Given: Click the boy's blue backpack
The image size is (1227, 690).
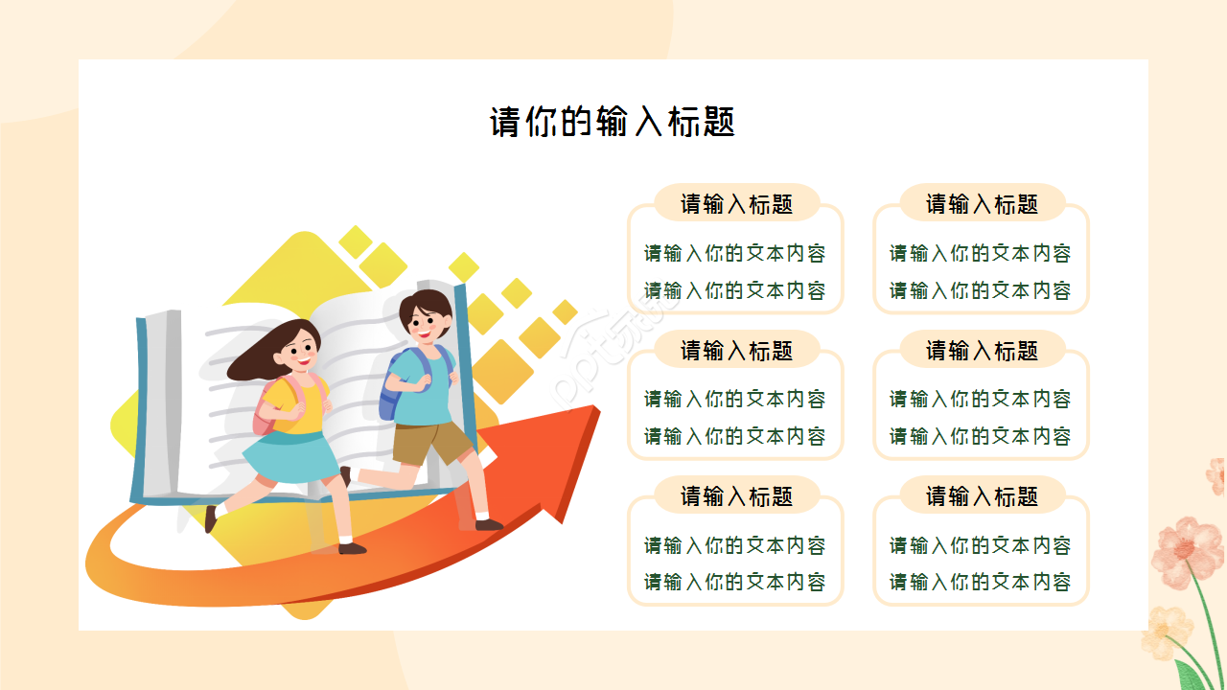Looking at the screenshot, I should tap(390, 388).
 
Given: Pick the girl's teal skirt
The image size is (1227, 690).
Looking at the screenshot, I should tap(288, 457).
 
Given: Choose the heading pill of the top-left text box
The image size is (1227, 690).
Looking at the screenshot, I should tap(736, 204).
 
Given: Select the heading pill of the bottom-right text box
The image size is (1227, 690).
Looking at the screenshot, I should tap(982, 496).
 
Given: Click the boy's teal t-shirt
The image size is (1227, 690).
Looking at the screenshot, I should tap(422, 388).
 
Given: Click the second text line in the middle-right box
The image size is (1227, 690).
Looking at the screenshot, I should tap(980, 436).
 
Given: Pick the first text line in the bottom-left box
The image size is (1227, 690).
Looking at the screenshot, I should tap(734, 545).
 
